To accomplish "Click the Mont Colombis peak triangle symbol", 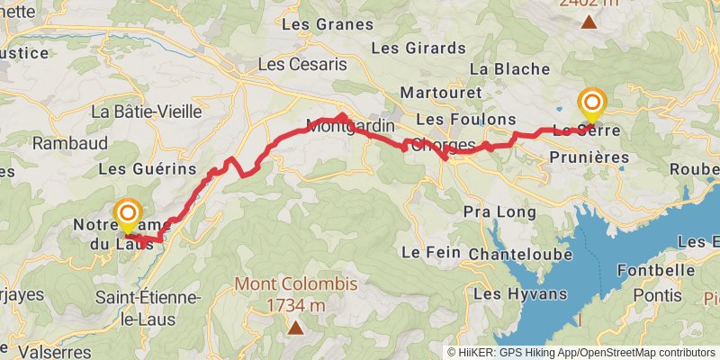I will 295,328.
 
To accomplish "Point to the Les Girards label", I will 409,47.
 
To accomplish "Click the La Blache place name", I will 509,68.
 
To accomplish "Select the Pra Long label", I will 499,212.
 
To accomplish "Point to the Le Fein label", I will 424,252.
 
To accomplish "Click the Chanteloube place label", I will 520,255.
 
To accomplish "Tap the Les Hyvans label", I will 520,293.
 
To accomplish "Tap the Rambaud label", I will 70,143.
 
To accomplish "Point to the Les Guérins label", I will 147,168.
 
